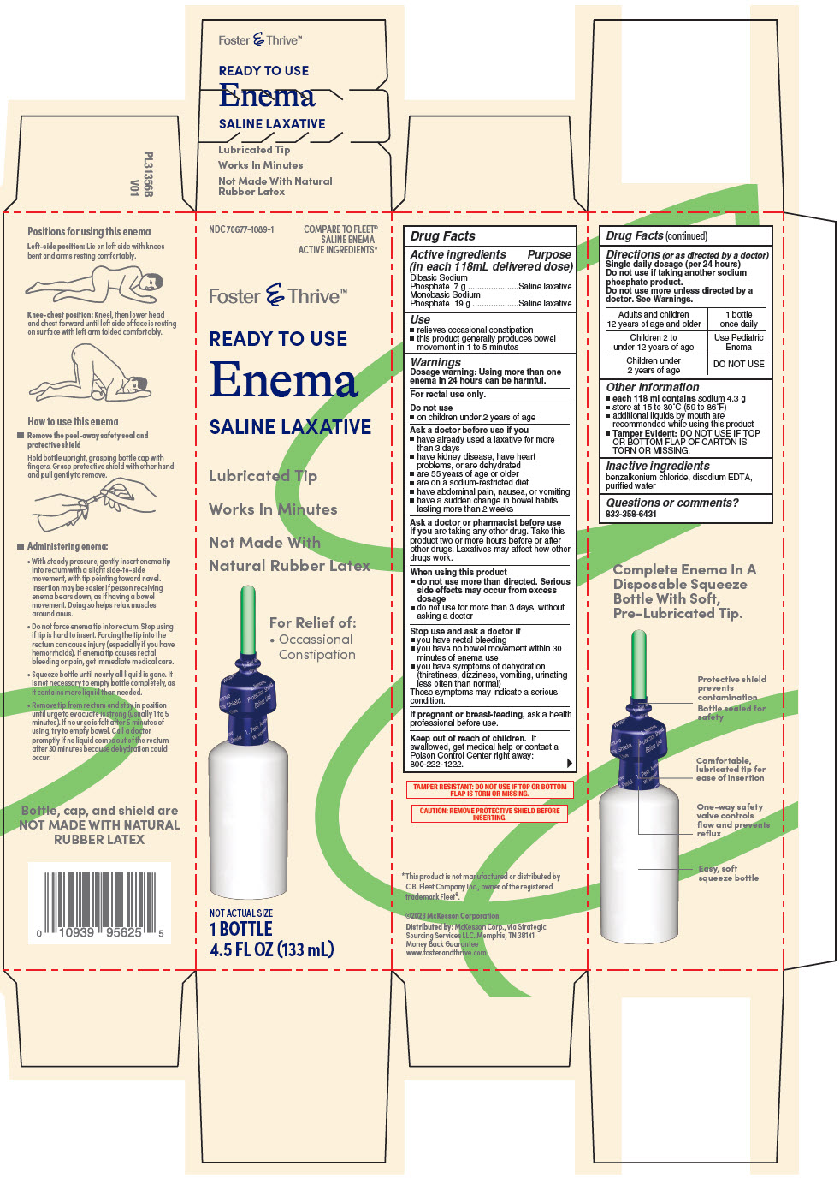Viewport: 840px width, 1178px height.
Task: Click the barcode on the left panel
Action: (x=99, y=900)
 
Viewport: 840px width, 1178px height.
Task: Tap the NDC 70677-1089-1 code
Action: (x=241, y=229)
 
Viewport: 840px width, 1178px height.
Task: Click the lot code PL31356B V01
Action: (x=141, y=175)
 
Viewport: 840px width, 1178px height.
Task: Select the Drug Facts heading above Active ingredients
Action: (x=442, y=236)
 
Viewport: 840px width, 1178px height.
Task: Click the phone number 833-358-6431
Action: (x=631, y=515)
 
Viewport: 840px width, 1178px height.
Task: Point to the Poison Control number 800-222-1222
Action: (x=436, y=765)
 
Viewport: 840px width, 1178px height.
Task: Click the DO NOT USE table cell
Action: (x=738, y=365)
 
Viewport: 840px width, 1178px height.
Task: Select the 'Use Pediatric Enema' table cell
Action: (x=738, y=342)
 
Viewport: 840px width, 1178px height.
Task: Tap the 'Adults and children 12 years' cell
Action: (x=654, y=319)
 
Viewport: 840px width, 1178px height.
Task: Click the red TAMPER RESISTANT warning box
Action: (x=489, y=790)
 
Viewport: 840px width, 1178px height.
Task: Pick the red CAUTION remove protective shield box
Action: (x=489, y=814)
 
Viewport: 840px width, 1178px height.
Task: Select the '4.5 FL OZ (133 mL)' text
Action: (x=272, y=949)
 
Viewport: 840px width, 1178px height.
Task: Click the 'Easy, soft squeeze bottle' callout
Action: (x=728, y=873)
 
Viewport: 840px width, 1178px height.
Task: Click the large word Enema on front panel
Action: (x=283, y=380)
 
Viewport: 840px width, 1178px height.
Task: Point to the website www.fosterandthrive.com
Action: (x=446, y=953)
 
